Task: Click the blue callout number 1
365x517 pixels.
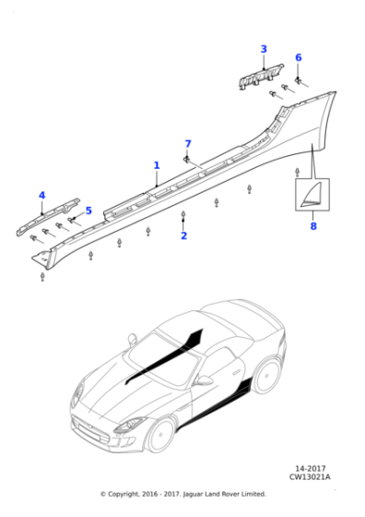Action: click(157, 165)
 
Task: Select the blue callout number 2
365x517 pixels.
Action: click(184, 235)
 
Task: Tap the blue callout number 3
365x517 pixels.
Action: click(264, 49)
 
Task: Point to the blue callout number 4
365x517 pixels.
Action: click(41, 196)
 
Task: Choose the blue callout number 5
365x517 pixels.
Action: click(88, 210)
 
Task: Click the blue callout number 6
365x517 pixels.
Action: click(299, 57)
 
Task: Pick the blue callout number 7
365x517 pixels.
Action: click(188, 144)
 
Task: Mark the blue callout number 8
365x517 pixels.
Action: click(313, 226)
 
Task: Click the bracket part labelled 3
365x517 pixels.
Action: click(261, 78)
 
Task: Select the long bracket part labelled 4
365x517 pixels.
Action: click(48, 217)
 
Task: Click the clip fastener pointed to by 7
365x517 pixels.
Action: click(186, 160)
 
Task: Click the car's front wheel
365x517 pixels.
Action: click(160, 436)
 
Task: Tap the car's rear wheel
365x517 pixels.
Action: click(266, 376)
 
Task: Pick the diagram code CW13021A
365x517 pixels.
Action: click(310, 476)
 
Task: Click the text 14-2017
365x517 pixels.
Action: click(311, 469)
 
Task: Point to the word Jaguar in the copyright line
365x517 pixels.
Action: click(193, 494)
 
